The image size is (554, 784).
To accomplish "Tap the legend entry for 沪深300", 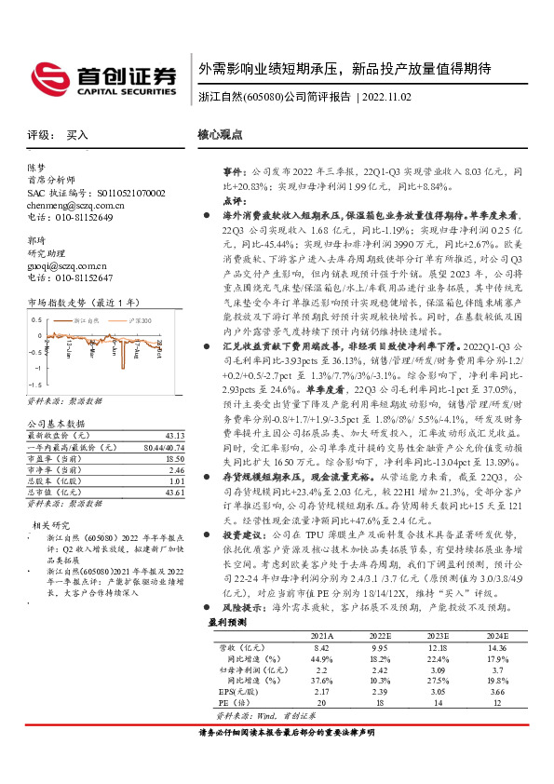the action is tap(138, 319).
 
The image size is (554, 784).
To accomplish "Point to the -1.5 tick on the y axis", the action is tap(34, 384).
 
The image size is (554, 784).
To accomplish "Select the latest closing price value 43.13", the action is tap(174, 436).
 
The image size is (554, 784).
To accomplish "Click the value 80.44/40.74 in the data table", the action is tap(164, 447).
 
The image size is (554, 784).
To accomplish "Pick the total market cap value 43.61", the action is tap(174, 491).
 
